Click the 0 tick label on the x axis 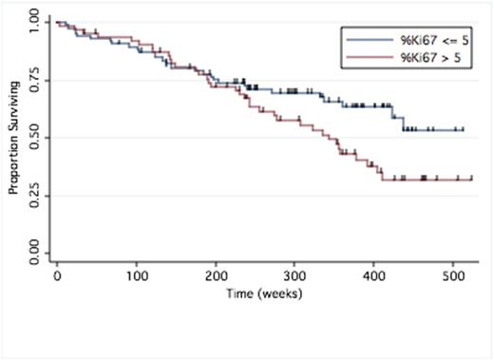[x=57, y=276]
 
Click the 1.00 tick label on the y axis [x=34, y=21]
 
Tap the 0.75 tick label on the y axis [x=34, y=80]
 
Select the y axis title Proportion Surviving [x=14, y=139]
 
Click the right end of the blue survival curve [x=464, y=129]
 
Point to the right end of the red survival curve [x=472, y=178]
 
